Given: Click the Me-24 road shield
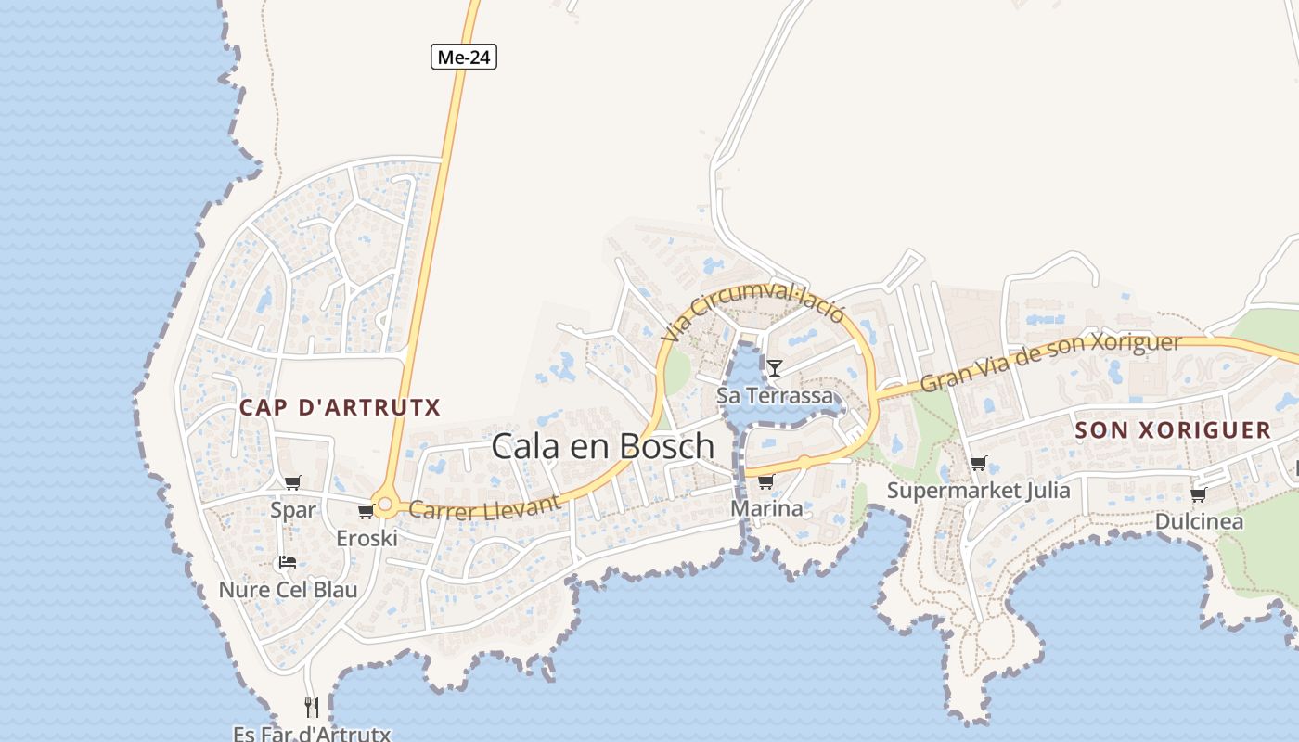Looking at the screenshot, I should point(464,57).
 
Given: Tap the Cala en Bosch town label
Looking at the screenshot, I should point(602,446).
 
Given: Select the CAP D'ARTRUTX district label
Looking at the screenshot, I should point(340,407).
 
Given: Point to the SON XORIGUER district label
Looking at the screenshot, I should point(1173,429).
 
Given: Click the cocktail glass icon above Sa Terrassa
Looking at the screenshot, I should point(774,368).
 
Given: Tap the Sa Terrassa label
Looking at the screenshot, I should point(775,396).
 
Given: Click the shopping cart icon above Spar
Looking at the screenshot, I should point(293,482).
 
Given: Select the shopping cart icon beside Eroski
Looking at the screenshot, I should point(366,511).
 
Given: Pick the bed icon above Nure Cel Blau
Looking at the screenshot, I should point(288,562).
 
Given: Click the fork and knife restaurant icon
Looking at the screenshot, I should point(312,708).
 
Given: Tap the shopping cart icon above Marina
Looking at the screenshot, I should point(765,481).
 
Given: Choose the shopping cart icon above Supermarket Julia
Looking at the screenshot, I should point(978,463).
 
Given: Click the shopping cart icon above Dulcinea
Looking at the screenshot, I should point(1198,494).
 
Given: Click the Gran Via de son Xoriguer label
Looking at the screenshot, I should point(1050,361).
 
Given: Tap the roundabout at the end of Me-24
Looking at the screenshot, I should point(386,505).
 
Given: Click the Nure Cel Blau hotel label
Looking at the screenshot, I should point(288,590).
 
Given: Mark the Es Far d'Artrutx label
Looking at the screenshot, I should point(312,735).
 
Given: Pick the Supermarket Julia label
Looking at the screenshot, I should point(978,491).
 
